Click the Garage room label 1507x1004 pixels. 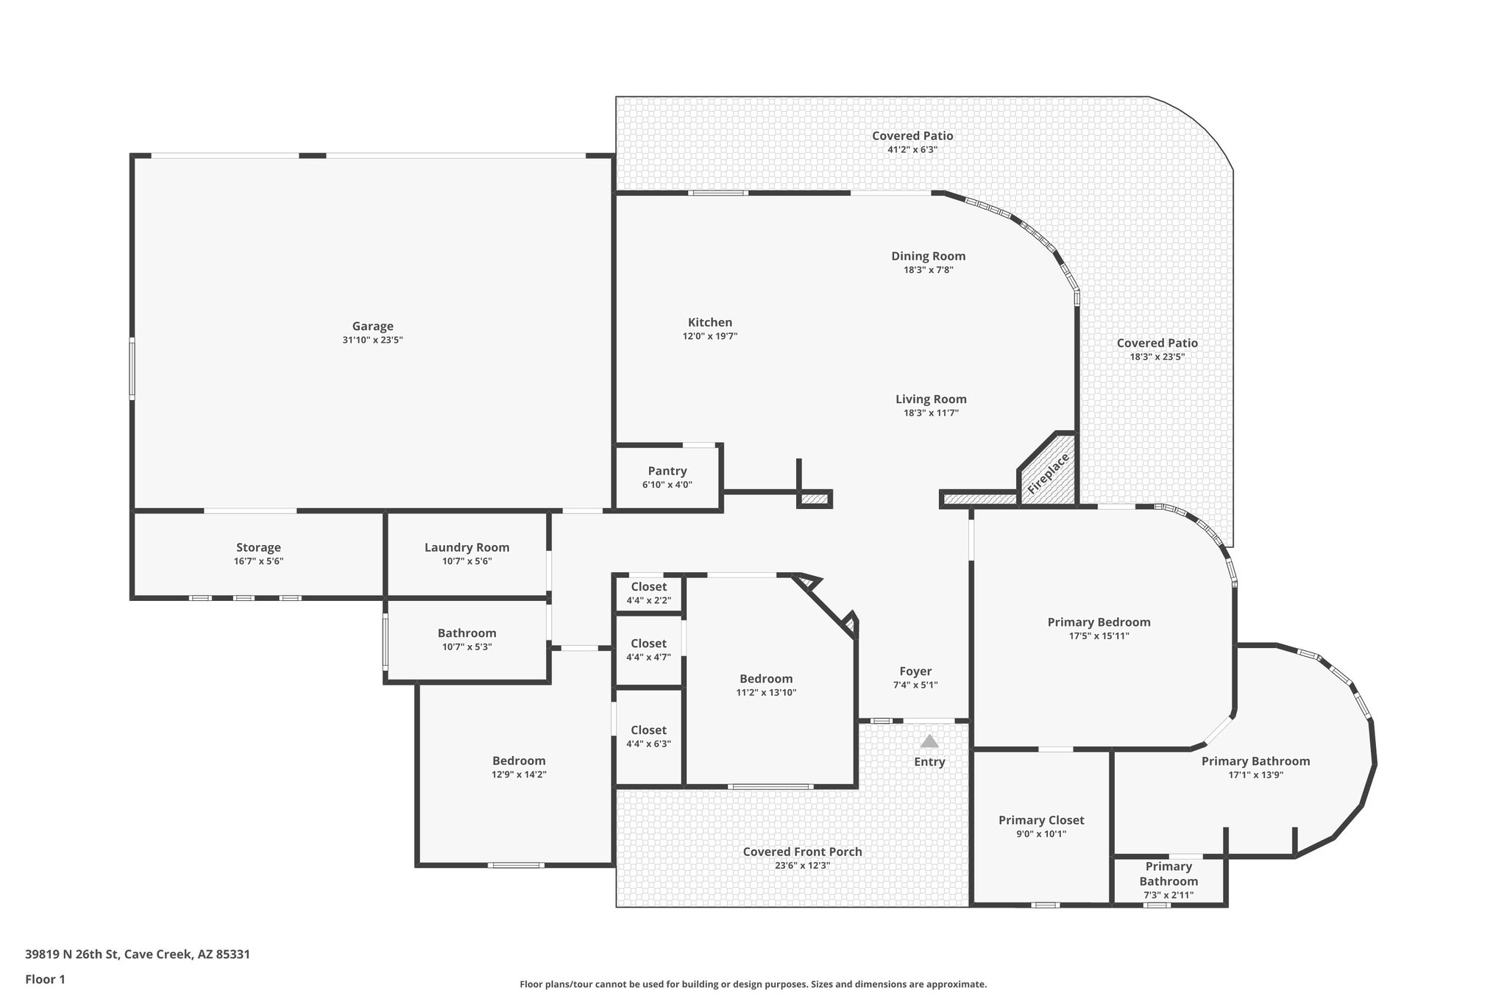click(x=372, y=326)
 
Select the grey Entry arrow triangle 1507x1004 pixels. click(x=929, y=741)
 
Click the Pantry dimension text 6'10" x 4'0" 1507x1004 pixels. click(x=667, y=485)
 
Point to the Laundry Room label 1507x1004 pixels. click(x=467, y=547)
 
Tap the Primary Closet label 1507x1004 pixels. click(x=1040, y=820)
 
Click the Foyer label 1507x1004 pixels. click(x=915, y=671)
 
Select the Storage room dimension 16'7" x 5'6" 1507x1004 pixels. click(x=258, y=561)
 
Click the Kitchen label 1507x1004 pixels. click(x=709, y=322)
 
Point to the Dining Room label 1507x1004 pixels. click(x=928, y=256)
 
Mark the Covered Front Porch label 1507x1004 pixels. click(x=802, y=852)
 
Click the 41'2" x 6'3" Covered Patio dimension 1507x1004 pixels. click(x=912, y=149)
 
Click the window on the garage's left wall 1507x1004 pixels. click(x=132, y=368)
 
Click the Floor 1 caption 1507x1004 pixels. click(x=46, y=979)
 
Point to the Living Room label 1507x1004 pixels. click(x=931, y=399)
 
